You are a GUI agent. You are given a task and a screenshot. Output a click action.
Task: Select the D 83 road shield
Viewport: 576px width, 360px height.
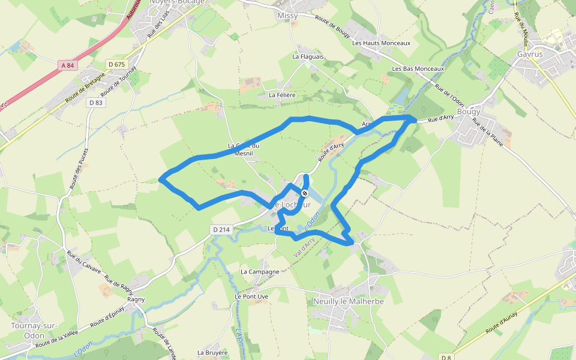pos(96,103)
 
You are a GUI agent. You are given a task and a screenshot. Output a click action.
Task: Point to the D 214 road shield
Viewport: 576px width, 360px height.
pos(221,229)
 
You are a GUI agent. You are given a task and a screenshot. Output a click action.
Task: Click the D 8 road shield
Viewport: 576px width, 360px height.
pos(445,357)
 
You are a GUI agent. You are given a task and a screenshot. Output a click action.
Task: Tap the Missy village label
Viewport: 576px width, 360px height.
pos(287,16)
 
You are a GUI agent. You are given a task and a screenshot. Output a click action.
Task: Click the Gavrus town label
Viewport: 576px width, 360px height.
pos(529,54)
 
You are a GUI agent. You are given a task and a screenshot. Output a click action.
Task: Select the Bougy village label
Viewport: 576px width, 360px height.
pos(469,112)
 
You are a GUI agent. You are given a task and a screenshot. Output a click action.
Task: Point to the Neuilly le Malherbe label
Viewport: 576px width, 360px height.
pos(348,301)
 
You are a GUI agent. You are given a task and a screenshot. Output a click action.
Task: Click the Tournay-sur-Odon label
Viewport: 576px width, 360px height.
pos(34,331)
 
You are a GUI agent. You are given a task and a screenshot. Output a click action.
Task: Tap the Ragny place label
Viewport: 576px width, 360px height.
pos(136,299)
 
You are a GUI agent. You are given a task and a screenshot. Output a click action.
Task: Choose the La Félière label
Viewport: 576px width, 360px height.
pos(282,95)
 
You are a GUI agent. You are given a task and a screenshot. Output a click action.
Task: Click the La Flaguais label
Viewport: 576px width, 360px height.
pos(308,56)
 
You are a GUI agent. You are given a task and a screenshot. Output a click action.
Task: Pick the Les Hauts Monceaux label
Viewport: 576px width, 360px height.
pos(381,43)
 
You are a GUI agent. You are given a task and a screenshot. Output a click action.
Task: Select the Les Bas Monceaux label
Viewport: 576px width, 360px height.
pos(418,69)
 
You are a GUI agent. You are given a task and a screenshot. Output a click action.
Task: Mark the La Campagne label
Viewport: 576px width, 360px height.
pos(260,271)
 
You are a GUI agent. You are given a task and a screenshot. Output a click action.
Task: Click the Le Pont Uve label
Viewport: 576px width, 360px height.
pos(251,296)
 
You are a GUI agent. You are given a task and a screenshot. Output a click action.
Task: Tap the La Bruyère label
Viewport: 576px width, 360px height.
pos(212,353)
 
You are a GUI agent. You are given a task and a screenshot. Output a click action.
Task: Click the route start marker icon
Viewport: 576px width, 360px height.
pos(305,193)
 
